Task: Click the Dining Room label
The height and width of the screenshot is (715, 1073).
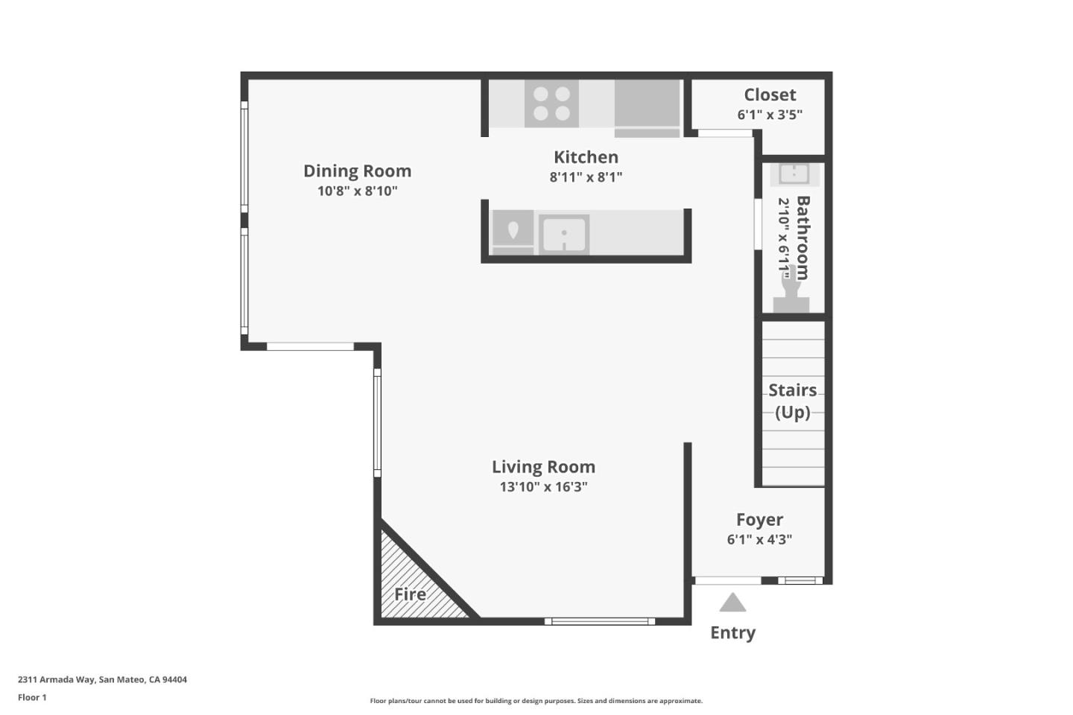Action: tap(357, 171)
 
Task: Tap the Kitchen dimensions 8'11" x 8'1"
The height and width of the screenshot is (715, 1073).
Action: tap(586, 177)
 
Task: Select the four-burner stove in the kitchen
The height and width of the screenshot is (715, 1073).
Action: tap(551, 104)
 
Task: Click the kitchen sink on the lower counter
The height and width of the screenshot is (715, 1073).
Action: tap(564, 235)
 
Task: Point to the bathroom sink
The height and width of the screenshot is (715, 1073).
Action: tap(794, 174)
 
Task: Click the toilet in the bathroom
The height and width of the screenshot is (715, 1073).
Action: tap(791, 294)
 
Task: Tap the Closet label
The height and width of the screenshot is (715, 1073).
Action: tap(770, 95)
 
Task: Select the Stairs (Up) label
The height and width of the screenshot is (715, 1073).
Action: tap(792, 401)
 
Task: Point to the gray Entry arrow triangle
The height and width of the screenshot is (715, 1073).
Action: tap(732, 603)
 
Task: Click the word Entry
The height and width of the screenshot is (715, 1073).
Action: tap(732, 632)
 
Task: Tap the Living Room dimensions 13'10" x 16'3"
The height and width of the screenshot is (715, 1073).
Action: tap(543, 487)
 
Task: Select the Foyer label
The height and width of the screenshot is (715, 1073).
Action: tap(759, 520)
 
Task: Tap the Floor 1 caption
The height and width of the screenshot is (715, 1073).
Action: tap(32, 697)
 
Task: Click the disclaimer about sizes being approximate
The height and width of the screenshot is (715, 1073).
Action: tap(536, 701)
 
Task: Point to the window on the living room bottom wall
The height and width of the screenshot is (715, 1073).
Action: tap(599, 621)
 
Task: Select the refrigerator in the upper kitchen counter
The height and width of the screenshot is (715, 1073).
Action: tap(647, 105)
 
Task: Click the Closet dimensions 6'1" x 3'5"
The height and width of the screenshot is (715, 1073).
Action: tap(770, 115)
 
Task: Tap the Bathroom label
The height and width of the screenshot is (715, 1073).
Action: tap(803, 238)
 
